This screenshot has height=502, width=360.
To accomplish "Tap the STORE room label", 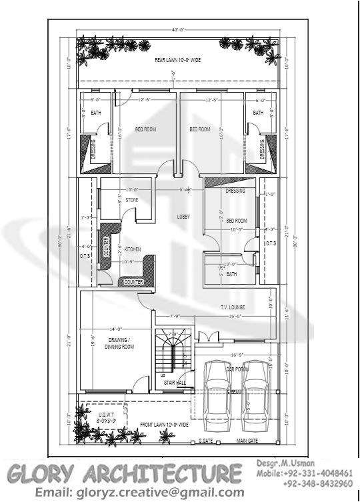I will pos(131,199).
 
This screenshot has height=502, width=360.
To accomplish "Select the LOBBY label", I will pos(183,217).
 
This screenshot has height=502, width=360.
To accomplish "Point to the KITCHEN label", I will pos(133,249).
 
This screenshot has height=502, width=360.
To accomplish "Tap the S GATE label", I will pos(205,441).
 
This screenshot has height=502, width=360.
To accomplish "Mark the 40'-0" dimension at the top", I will pos(177,30).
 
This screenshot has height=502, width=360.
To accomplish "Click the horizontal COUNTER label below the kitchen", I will pos(133,282).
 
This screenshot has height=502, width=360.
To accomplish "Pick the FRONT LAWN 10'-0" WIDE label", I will pos(165,424).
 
